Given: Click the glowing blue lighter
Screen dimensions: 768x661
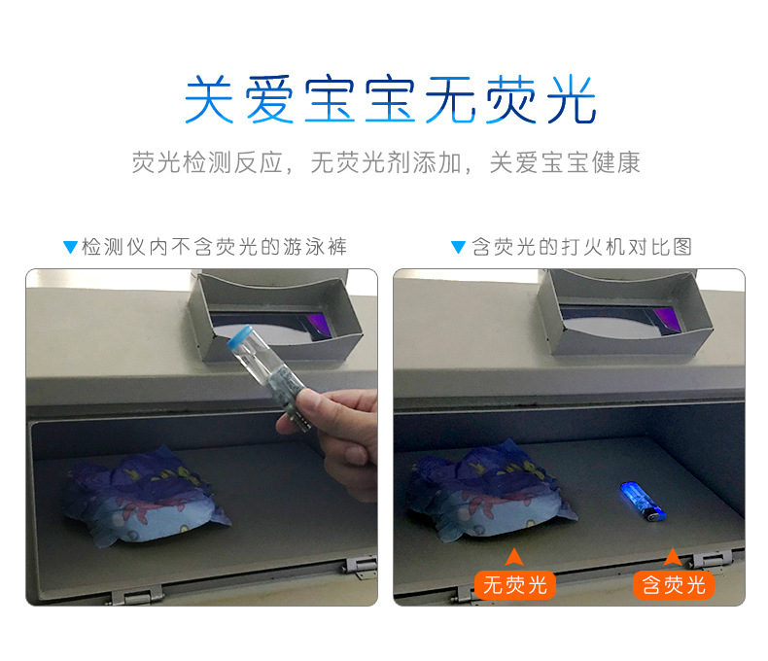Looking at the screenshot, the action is [642, 502].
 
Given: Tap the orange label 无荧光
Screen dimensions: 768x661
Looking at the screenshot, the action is [515, 585].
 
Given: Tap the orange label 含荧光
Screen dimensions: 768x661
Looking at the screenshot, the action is [674, 585].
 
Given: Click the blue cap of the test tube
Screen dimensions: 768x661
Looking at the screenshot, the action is [239, 337].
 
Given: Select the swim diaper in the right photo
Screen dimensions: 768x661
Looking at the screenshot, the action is [490, 490].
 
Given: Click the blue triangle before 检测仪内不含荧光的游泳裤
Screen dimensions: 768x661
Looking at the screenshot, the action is [71, 247].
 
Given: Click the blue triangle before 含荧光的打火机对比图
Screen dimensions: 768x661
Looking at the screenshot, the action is [458, 247].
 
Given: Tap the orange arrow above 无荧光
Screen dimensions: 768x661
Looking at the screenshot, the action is [514, 558].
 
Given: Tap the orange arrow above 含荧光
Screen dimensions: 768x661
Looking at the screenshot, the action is [673, 558].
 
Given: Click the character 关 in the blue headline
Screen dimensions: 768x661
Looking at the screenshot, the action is [209, 99].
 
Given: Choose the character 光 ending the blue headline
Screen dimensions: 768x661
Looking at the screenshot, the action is [571, 99].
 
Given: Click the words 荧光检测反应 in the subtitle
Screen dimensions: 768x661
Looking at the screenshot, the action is [208, 162].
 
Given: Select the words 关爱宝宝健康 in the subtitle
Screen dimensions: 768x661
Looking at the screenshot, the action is [565, 162].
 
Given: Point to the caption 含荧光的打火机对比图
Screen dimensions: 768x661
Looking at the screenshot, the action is [582, 247].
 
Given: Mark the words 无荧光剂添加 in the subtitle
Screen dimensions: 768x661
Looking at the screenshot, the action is [387, 162].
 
